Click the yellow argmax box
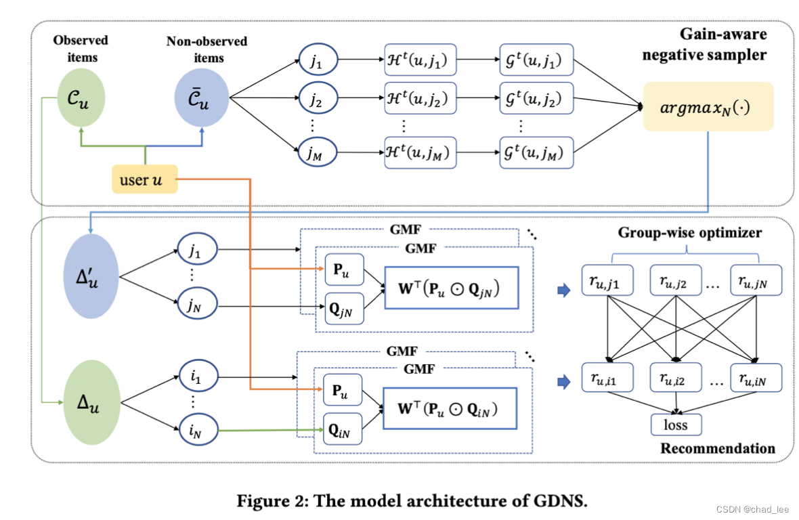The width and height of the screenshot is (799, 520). pos(708,106)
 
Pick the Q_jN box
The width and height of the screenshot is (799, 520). pos(344,309)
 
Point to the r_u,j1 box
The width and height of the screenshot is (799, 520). pos(607,280)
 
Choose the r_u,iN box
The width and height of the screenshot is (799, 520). pos(756,377)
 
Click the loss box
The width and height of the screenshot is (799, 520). pos(676,425)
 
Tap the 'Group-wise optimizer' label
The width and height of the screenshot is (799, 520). pos(690,233)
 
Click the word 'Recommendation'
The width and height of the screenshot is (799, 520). pos(717,448)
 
